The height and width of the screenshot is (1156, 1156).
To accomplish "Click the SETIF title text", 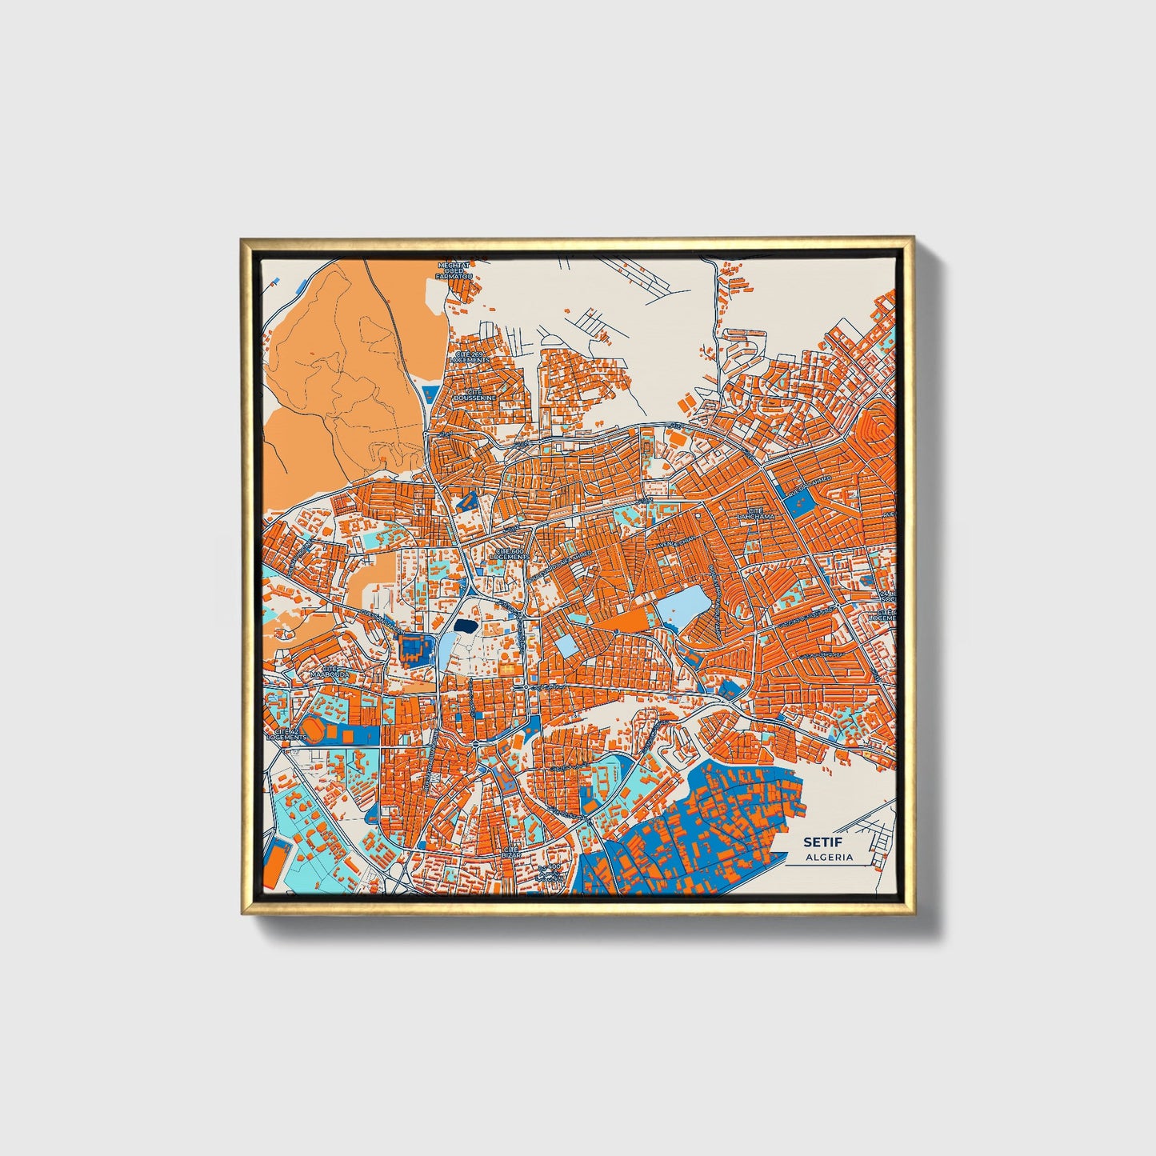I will pyautogui.click(x=817, y=842).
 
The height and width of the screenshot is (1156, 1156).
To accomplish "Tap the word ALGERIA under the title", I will pyautogui.click(x=829, y=858).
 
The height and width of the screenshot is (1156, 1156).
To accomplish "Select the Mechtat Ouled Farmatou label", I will pyautogui.click(x=454, y=270).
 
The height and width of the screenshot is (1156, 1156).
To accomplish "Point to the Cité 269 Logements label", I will pyautogui.click(x=470, y=357).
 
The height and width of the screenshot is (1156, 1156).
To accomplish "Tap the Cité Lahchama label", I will pyautogui.click(x=755, y=514).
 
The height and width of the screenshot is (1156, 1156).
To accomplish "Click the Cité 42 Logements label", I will pyautogui.click(x=286, y=734).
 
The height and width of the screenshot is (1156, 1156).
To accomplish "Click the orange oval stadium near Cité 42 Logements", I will pyautogui.click(x=317, y=731).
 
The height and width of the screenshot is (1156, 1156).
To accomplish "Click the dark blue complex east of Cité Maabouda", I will pyautogui.click(x=414, y=649).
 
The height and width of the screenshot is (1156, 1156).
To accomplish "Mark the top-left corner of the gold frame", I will pyautogui.click(x=241, y=238).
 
